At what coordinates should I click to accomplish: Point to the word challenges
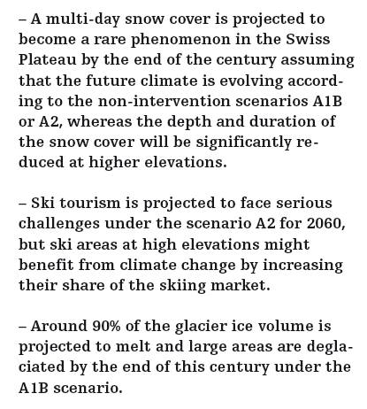coord(57,224)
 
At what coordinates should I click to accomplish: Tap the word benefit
coord(41,263)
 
